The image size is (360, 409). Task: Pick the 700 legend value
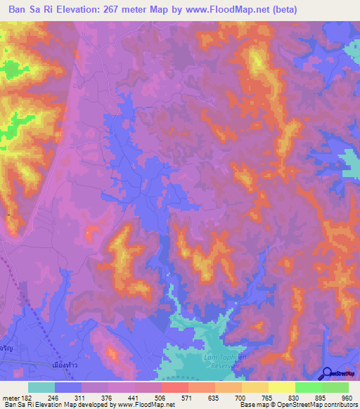pos(241,397)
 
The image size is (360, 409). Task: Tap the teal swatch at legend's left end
pos(41,387)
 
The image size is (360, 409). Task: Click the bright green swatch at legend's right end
pos(335,387)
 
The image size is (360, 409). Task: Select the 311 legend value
pos(82,397)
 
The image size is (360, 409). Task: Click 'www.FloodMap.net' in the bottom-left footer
pos(146,405)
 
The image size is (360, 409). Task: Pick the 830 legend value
pos(295,397)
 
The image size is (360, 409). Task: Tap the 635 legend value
pos(215,397)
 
